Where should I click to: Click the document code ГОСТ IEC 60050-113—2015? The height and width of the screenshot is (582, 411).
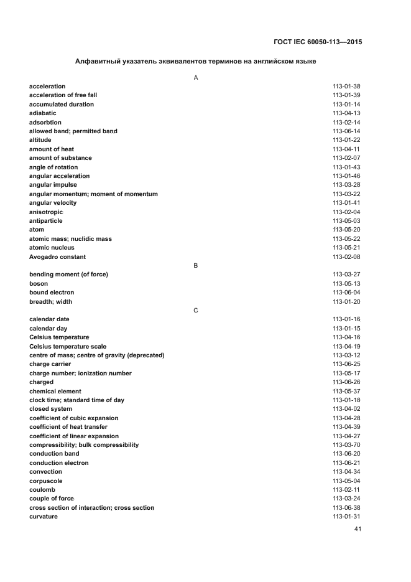click(318, 43)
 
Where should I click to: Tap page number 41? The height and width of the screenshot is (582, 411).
click(358, 529)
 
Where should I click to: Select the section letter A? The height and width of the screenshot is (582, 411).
click(196, 77)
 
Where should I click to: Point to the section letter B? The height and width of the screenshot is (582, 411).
click(196, 266)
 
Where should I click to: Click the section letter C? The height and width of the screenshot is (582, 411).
click(196, 311)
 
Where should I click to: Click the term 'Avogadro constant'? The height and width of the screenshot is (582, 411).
click(57, 257)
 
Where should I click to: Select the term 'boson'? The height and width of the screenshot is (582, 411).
click(39, 284)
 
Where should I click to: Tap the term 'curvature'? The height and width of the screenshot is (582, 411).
click(44, 517)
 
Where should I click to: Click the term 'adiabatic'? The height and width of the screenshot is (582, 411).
click(42, 113)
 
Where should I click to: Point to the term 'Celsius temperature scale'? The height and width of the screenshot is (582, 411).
click(68, 347)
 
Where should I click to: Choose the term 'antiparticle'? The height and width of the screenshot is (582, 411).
click(45, 221)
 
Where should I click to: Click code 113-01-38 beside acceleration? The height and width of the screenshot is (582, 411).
click(346, 87)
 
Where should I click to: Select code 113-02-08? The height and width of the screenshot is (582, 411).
click(346, 257)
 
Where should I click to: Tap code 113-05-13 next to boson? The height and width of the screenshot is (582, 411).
click(346, 284)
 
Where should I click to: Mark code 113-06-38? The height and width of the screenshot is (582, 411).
click(346, 508)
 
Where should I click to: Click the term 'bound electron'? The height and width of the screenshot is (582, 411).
click(52, 293)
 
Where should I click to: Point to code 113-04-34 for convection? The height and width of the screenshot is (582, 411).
click(346, 472)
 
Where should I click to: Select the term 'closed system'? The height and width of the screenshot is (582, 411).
click(51, 409)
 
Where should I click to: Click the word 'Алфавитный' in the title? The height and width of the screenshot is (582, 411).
click(96, 62)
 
